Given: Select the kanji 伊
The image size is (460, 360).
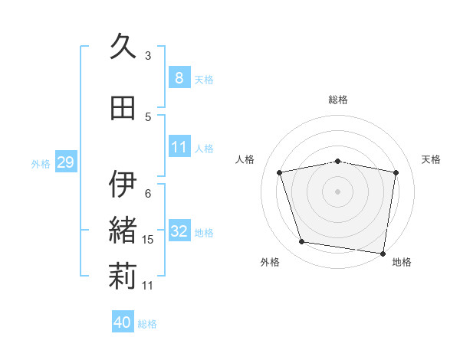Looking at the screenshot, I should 123,185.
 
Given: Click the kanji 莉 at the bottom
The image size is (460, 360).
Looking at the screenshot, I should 123,277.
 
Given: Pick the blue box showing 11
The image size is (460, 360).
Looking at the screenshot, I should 179,146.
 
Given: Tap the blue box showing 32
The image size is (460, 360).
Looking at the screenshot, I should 179,231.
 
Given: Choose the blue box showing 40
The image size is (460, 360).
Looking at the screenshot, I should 123,322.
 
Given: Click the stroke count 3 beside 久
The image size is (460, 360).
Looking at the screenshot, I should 148,55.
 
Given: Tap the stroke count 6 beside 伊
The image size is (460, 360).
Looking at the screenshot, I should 148,193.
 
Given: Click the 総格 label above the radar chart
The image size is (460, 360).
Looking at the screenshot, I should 338,100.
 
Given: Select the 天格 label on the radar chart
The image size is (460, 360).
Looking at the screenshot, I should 431,159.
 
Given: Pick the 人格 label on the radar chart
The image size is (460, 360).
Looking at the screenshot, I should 245,159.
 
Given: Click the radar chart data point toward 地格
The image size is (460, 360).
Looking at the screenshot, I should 383,253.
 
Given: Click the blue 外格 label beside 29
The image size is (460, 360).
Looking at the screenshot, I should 41,164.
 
